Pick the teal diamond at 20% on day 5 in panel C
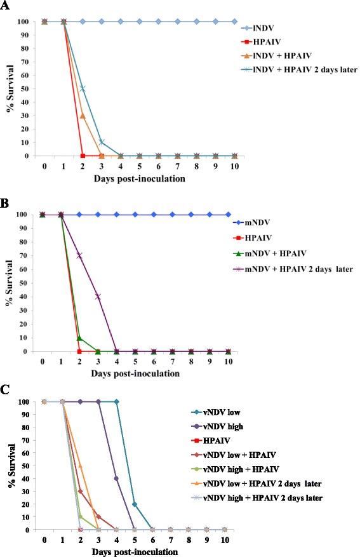[134, 504]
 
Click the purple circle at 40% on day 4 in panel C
[116, 478]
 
